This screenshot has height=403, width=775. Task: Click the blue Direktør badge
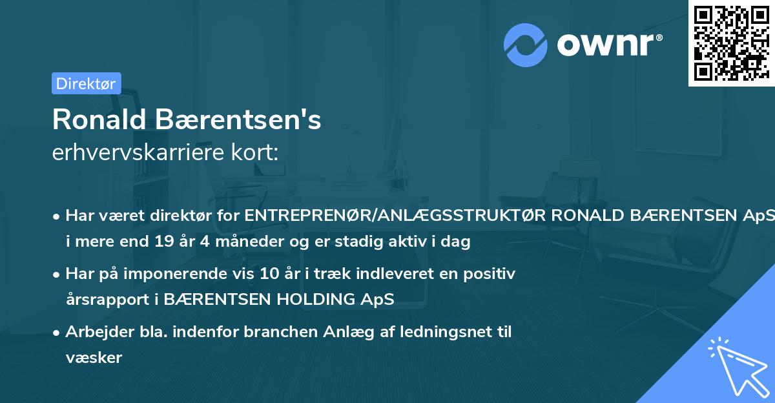[x=86, y=83]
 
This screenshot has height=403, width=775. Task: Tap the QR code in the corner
[x=731, y=43]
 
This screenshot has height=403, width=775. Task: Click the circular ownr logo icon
[x=526, y=45]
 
